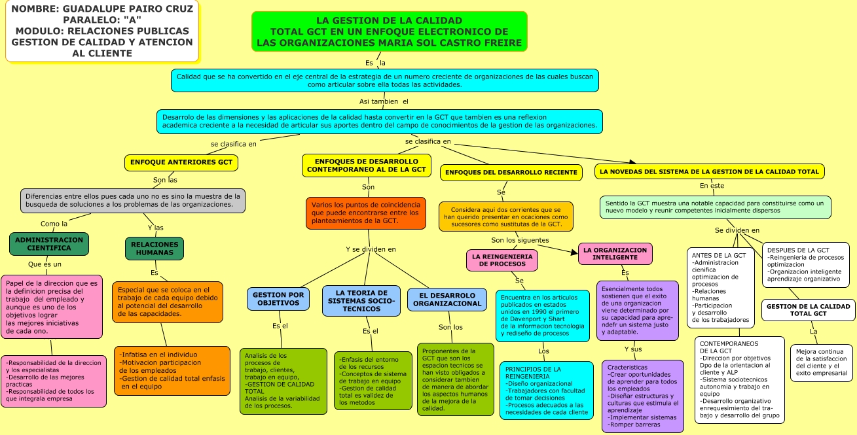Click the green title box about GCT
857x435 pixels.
coord(389,31)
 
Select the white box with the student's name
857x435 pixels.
coord(102,31)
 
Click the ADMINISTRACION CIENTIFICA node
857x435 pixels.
coord(49,244)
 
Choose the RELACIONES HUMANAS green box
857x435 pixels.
coord(155,249)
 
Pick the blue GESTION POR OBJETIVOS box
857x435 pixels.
coord(278,299)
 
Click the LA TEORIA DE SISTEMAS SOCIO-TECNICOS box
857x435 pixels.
coord(361,300)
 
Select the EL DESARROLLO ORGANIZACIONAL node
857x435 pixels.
coord(447,299)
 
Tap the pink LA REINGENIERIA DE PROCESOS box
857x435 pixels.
coord(503,260)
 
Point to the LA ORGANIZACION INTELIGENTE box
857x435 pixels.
coord(615,254)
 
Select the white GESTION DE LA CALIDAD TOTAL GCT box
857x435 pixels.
coord(808,310)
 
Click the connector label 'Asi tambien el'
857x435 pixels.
coord(384,101)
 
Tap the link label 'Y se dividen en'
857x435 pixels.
coord(371,249)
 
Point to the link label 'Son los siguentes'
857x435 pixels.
coord(520,240)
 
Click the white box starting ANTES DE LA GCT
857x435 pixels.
coord(720,288)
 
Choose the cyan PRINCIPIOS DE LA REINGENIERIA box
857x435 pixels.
coord(546,391)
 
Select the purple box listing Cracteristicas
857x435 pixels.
coord(640,396)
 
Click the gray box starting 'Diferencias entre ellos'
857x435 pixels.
coord(133,200)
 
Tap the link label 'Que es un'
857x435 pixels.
coord(45,264)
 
